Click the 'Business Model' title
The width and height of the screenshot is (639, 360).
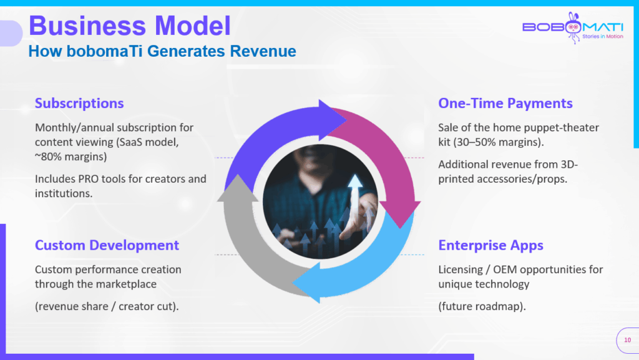(x=130, y=26)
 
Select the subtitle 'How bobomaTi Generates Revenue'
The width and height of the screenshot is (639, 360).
(x=162, y=51)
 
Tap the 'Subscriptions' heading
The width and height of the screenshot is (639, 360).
(x=79, y=104)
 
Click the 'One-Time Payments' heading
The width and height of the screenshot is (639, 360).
(x=505, y=104)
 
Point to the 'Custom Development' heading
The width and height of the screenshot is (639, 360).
(x=107, y=245)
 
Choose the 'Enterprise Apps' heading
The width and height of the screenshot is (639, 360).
(x=490, y=246)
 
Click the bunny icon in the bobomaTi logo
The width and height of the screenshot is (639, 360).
(x=573, y=27)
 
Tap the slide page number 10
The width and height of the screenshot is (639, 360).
(x=628, y=340)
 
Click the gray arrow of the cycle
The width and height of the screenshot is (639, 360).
(x=248, y=245)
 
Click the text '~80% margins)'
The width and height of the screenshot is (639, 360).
(x=71, y=157)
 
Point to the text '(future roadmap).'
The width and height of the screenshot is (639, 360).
(x=482, y=306)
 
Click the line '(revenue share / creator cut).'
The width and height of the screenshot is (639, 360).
(x=107, y=306)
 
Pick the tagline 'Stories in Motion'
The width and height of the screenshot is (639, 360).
(x=603, y=36)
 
